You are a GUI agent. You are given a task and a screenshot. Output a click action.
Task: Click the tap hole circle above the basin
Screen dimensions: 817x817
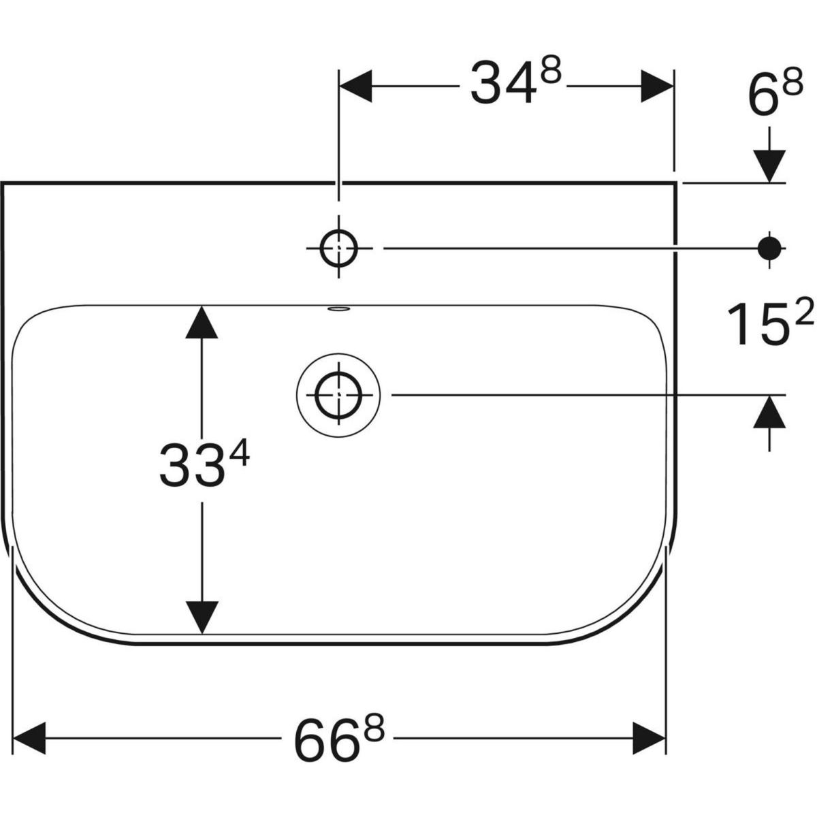point(339,249)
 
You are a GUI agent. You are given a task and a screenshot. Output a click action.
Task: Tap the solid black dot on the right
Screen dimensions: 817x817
point(771,247)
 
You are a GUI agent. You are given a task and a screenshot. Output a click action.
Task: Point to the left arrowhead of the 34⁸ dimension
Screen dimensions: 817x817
point(355,86)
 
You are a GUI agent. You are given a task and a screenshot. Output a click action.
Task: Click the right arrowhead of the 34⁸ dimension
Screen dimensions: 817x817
point(656,86)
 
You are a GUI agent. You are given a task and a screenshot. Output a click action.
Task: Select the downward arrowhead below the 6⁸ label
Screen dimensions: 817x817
point(770,165)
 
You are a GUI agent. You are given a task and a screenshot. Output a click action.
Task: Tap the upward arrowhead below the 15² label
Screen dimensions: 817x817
point(770,413)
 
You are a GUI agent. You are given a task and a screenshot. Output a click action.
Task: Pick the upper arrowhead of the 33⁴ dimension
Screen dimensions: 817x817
point(202,322)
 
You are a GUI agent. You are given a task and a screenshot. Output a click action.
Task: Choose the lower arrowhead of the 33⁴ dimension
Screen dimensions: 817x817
point(202,617)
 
